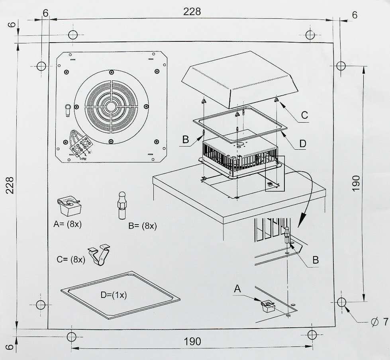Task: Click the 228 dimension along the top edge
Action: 192,12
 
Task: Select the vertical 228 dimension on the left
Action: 10,185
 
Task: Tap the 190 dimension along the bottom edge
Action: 192,341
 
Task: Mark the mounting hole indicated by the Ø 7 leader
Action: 341,302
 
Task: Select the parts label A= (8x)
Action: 67,224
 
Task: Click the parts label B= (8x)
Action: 143,226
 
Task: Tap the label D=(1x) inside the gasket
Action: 114,295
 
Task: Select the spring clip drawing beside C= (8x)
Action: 100,254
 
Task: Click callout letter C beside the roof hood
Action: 304,115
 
